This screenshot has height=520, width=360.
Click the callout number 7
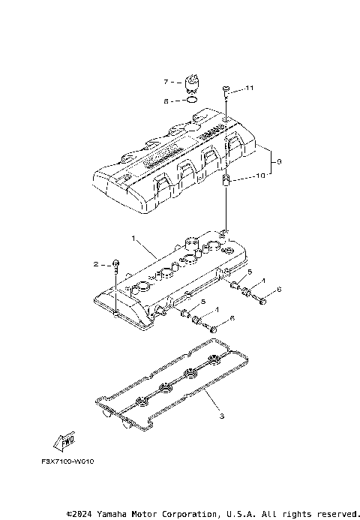(167, 80)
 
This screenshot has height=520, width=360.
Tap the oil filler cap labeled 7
(191, 83)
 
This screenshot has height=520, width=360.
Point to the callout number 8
(167, 98)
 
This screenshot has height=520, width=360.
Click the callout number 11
(250, 89)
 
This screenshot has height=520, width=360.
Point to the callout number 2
(96, 264)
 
